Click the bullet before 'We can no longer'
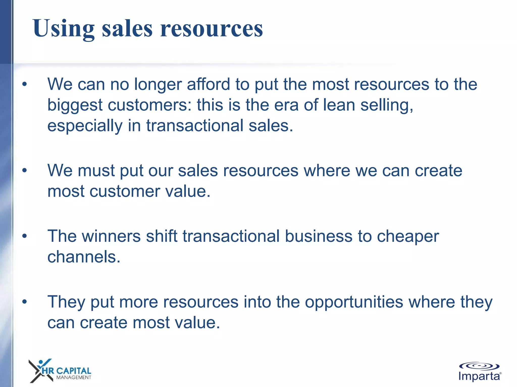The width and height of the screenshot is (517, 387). [x=24, y=84]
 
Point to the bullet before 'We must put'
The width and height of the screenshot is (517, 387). [x=24, y=171]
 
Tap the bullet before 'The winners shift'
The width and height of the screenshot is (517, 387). [x=24, y=236]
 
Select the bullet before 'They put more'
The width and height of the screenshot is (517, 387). [x=24, y=302]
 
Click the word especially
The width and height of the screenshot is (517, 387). [x=85, y=126]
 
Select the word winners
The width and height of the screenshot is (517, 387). [x=111, y=236]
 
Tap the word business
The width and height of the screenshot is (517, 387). [x=318, y=236]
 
